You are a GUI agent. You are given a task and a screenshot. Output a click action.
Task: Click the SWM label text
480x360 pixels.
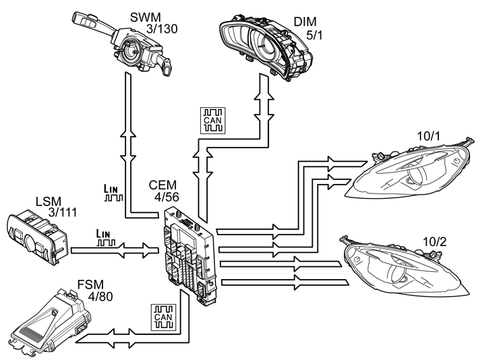[145, 18]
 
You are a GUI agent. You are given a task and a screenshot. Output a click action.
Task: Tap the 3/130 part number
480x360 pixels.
[162, 29]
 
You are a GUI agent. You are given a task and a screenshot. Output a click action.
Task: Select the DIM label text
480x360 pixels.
[305, 22]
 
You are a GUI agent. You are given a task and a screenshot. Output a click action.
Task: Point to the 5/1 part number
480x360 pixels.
[314, 36]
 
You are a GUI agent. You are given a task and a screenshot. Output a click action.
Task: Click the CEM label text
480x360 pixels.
[162, 185]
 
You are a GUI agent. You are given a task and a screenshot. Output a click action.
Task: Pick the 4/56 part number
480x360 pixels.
[167, 197]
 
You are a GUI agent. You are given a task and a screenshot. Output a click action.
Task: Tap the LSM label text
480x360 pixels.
[49, 202]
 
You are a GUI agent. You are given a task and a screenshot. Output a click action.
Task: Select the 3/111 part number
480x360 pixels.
[63, 212]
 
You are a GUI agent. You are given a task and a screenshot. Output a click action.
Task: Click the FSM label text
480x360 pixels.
[90, 284]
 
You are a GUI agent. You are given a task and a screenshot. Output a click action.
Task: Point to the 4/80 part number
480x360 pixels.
[100, 297]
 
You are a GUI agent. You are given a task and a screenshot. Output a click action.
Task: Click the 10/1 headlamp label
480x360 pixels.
[428, 136]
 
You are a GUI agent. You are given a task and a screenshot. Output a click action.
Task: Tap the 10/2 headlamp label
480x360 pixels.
[434, 242]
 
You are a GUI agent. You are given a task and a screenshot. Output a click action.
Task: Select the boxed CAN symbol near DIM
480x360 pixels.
[213, 120]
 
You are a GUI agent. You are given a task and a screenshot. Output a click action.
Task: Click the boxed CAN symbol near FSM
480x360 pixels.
[163, 318]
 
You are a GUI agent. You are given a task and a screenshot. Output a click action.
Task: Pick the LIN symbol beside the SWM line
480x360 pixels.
[113, 193]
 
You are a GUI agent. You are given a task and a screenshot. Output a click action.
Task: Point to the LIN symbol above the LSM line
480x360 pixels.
[106, 238]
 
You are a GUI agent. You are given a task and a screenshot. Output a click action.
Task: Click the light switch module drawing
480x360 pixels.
[36, 237]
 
